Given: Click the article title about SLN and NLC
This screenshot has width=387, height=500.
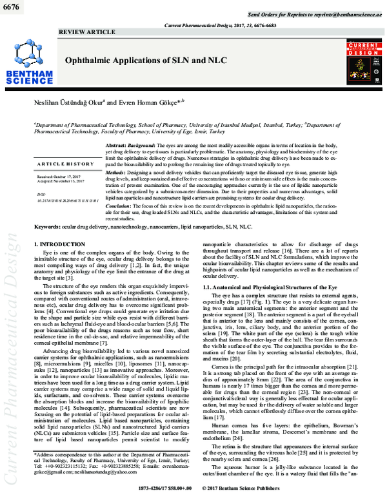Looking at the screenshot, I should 139,59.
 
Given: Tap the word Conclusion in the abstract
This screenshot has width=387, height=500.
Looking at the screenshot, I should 120,205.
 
